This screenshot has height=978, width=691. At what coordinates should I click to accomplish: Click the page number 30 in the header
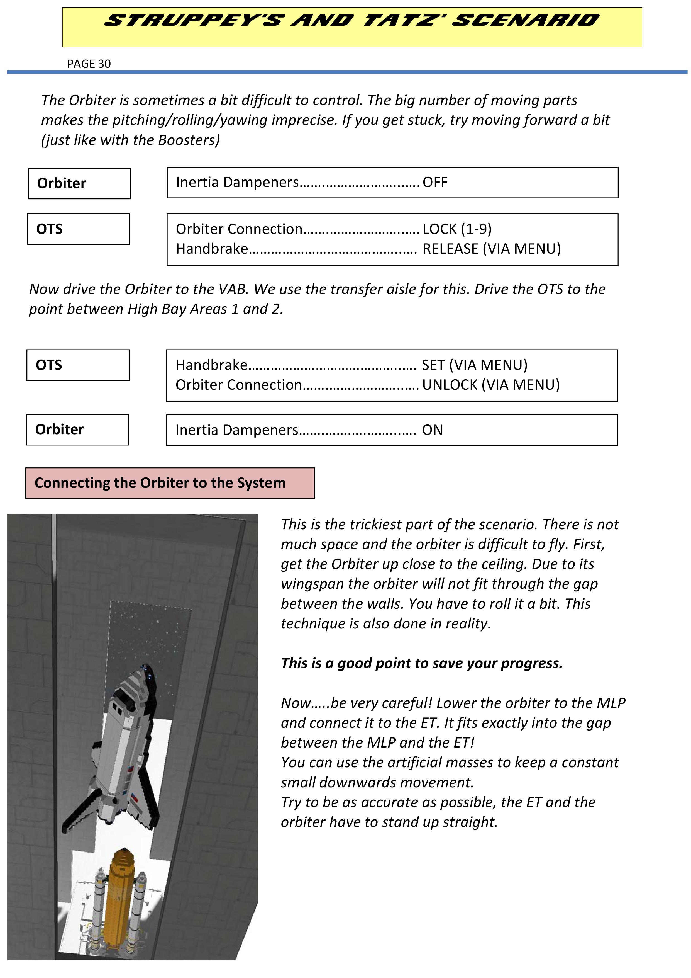(x=104, y=64)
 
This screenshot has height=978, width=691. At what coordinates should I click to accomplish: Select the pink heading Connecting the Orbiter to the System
(x=160, y=483)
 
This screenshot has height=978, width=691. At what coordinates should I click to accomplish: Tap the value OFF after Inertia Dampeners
(x=435, y=182)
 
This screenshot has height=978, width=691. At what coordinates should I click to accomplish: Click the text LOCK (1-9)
(x=457, y=229)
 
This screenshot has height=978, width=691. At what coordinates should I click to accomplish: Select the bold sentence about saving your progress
(x=421, y=663)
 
